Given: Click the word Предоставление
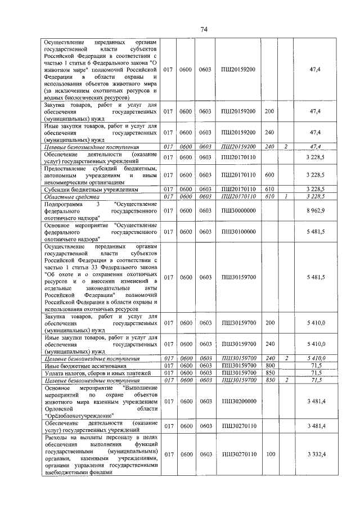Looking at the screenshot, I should click(x=69, y=168).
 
